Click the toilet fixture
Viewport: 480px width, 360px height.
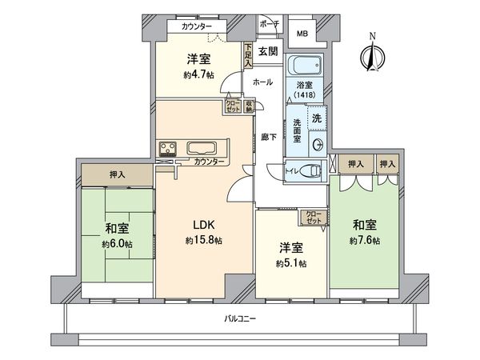click(x=313, y=170)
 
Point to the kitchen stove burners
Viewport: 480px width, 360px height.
click(x=170, y=150)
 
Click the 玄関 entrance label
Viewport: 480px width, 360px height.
click(x=267, y=52)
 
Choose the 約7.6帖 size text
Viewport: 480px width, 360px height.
click(x=365, y=240)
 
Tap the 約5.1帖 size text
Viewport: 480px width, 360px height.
click(x=290, y=262)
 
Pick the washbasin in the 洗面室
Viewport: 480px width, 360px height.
click(x=318, y=144)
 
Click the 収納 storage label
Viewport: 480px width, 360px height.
click(x=250, y=105)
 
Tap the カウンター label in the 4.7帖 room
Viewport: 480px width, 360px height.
click(x=197, y=26)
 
